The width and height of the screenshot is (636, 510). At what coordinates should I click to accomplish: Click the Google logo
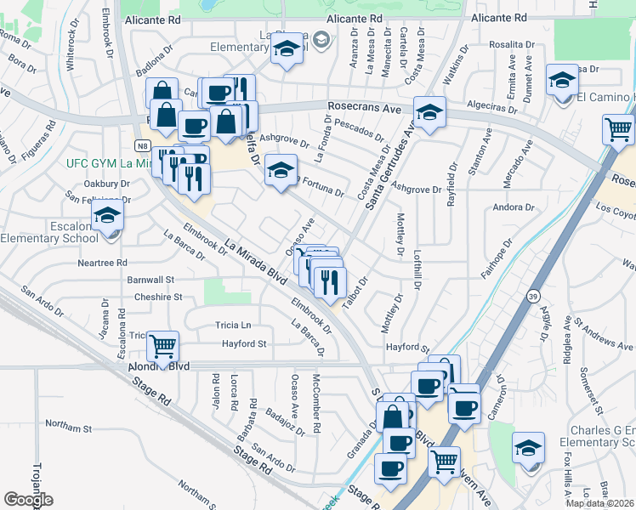coord(28,500)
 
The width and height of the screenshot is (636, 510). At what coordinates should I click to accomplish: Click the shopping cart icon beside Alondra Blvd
coord(162,345)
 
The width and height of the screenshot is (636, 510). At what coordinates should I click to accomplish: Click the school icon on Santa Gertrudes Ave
coord(429,112)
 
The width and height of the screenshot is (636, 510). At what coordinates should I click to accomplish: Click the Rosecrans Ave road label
coord(363,108)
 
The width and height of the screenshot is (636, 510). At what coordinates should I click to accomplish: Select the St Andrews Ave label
coord(603,335)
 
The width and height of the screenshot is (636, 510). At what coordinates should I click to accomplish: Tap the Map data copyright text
coord(600,503)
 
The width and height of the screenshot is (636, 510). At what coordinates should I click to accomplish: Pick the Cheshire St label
coord(158,297)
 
